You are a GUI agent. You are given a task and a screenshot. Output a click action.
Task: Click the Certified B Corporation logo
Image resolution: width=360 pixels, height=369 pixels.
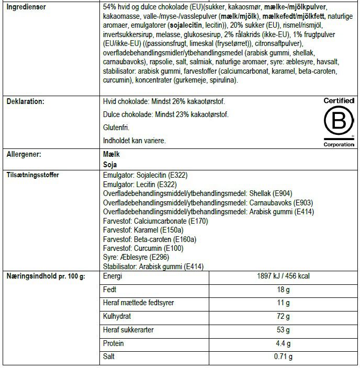(x=339, y=122)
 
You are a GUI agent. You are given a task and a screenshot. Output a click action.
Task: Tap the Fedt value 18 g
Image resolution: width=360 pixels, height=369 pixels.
(x=284, y=290)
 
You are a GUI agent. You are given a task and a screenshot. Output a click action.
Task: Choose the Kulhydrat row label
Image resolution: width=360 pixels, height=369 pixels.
(x=118, y=317)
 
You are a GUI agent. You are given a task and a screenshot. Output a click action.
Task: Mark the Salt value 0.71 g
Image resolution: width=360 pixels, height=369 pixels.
(x=284, y=357)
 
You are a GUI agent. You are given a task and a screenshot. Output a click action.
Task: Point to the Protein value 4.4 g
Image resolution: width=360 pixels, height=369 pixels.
(x=284, y=343)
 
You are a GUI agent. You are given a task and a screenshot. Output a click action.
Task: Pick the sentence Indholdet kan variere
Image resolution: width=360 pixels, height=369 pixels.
(x=135, y=141)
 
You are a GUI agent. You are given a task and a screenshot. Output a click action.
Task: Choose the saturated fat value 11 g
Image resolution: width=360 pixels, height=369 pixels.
(x=284, y=303)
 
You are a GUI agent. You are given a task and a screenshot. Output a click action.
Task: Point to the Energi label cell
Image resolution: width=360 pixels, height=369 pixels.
(x=114, y=276)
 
